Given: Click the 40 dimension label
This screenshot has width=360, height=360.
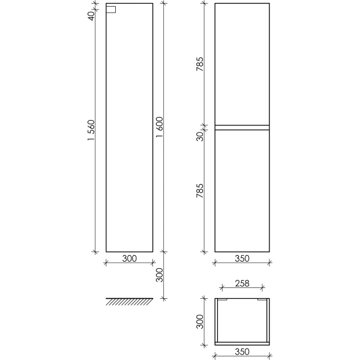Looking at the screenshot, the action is (x=91, y=16).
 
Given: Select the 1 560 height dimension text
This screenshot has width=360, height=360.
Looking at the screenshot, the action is (x=91, y=130).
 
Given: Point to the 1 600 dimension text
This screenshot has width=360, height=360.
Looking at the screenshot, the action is (x=160, y=127).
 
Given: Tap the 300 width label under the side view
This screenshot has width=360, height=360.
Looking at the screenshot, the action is (x=130, y=259).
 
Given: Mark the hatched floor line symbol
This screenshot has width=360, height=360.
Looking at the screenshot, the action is (x=129, y=302).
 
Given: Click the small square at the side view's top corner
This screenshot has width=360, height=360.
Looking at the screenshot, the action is (x=111, y=10).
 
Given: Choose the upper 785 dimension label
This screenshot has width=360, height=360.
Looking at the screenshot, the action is (x=200, y=64).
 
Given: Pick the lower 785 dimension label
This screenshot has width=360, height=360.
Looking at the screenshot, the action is (x=200, y=191).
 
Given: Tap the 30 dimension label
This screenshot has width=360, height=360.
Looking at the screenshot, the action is (x=200, y=136).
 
